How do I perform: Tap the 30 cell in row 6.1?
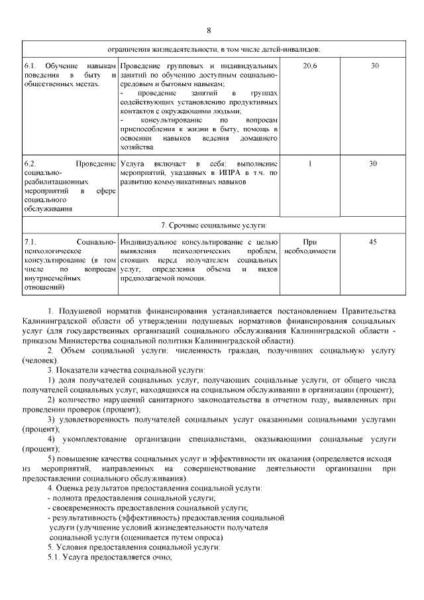point(374,66)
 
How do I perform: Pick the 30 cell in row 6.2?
point(374,163)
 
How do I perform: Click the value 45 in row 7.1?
point(373,242)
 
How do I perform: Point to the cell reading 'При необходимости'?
point(309,247)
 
